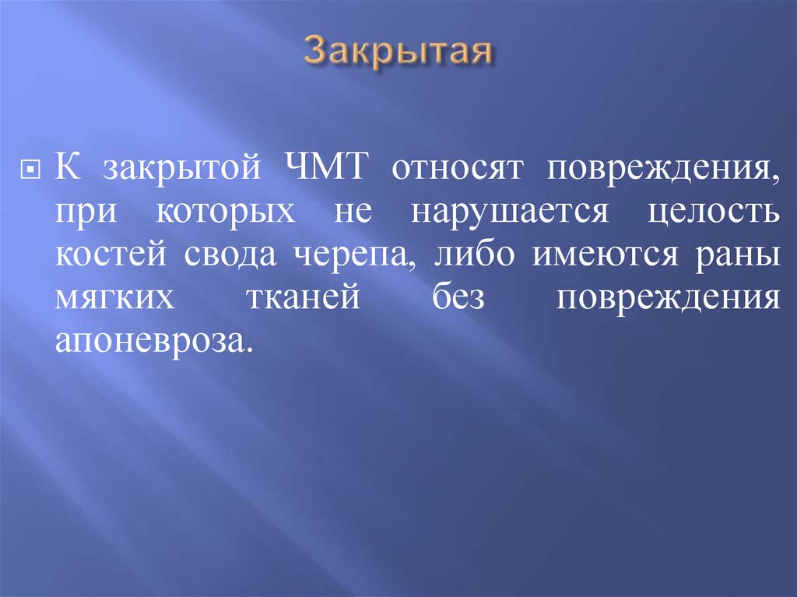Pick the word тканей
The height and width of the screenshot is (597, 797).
[307, 300]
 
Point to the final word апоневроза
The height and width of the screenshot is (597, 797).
[154, 342]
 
